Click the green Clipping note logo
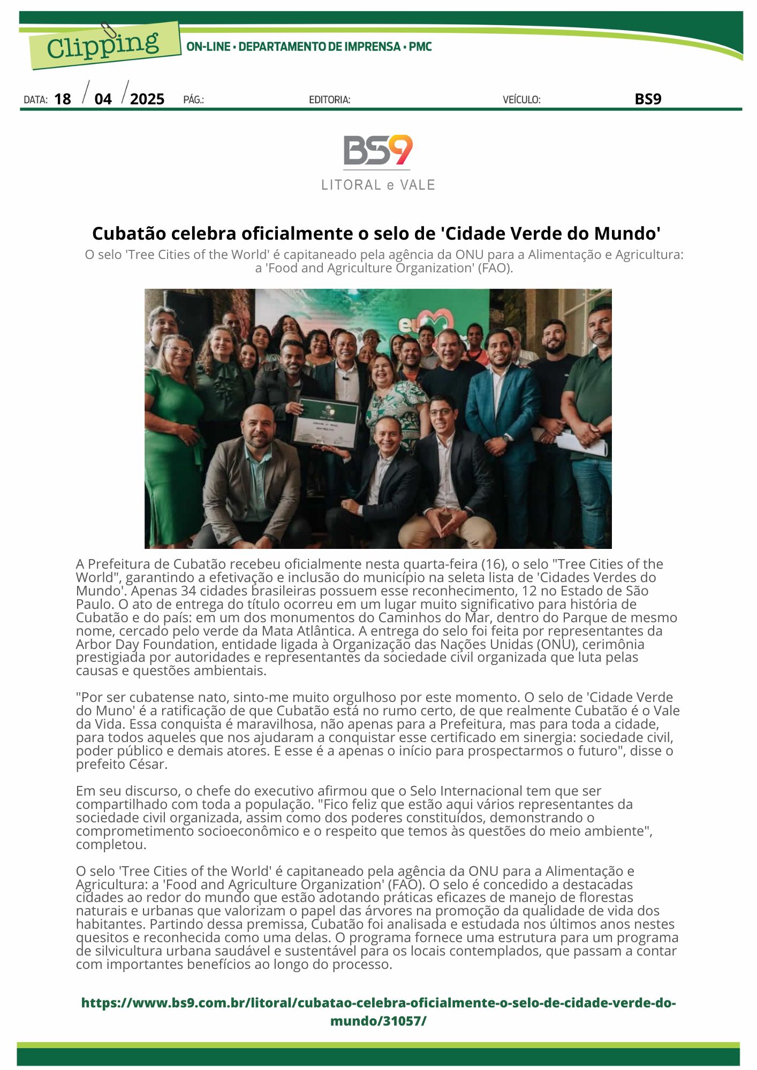click(x=104, y=45)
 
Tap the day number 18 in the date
click(x=63, y=99)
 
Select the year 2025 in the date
click(x=147, y=99)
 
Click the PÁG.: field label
click(x=193, y=100)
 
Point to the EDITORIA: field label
click(x=329, y=100)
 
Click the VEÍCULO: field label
click(x=521, y=100)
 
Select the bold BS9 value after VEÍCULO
click(x=648, y=99)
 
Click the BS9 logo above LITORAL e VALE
click(x=378, y=150)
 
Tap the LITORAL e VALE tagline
click(x=378, y=185)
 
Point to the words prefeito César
click(x=122, y=764)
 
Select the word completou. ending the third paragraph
click(x=111, y=845)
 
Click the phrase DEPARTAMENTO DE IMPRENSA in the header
click(x=319, y=47)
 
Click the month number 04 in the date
click(x=103, y=99)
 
